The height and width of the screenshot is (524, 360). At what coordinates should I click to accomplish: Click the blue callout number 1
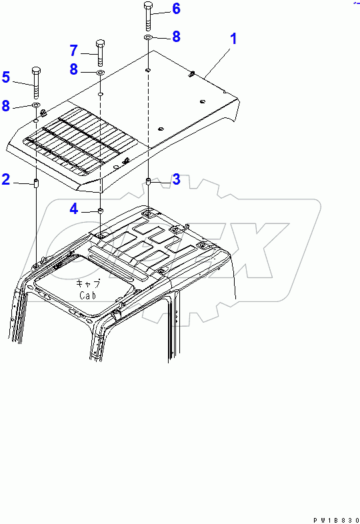coord(233,39)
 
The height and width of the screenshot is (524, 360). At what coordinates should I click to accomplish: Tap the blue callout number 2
coord(6,179)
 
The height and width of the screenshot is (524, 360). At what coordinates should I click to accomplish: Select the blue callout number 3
coord(176,179)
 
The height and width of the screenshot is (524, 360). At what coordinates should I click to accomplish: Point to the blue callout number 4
coord(74,209)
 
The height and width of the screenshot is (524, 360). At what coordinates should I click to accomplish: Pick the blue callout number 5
coord(6,77)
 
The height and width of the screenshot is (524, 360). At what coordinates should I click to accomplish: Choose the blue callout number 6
coord(176,9)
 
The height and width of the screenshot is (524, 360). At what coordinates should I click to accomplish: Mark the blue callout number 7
coord(74,51)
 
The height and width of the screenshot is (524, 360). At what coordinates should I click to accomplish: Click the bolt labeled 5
coord(36,83)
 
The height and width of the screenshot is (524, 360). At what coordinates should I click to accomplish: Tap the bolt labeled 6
coord(149,16)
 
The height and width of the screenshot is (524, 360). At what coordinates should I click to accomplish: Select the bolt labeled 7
coord(100,53)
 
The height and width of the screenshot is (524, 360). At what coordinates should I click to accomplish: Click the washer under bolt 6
coord(149,37)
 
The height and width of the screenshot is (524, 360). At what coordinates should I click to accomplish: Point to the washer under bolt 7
coord(100,73)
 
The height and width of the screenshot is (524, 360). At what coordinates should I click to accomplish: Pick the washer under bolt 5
coord(36,105)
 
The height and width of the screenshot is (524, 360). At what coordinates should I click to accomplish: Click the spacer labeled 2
coord(36,183)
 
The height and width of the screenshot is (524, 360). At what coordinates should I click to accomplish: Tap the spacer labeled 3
coord(149,182)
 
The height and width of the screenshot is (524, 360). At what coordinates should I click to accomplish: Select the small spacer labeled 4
coord(100,211)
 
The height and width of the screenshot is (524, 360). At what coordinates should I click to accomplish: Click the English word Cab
coord(87,295)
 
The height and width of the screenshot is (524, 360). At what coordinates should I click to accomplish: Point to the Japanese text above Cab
coord(88,283)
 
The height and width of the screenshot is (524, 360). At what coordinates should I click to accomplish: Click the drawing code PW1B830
coord(336,520)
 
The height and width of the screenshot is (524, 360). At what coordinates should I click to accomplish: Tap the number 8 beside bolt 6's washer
coord(176,37)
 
